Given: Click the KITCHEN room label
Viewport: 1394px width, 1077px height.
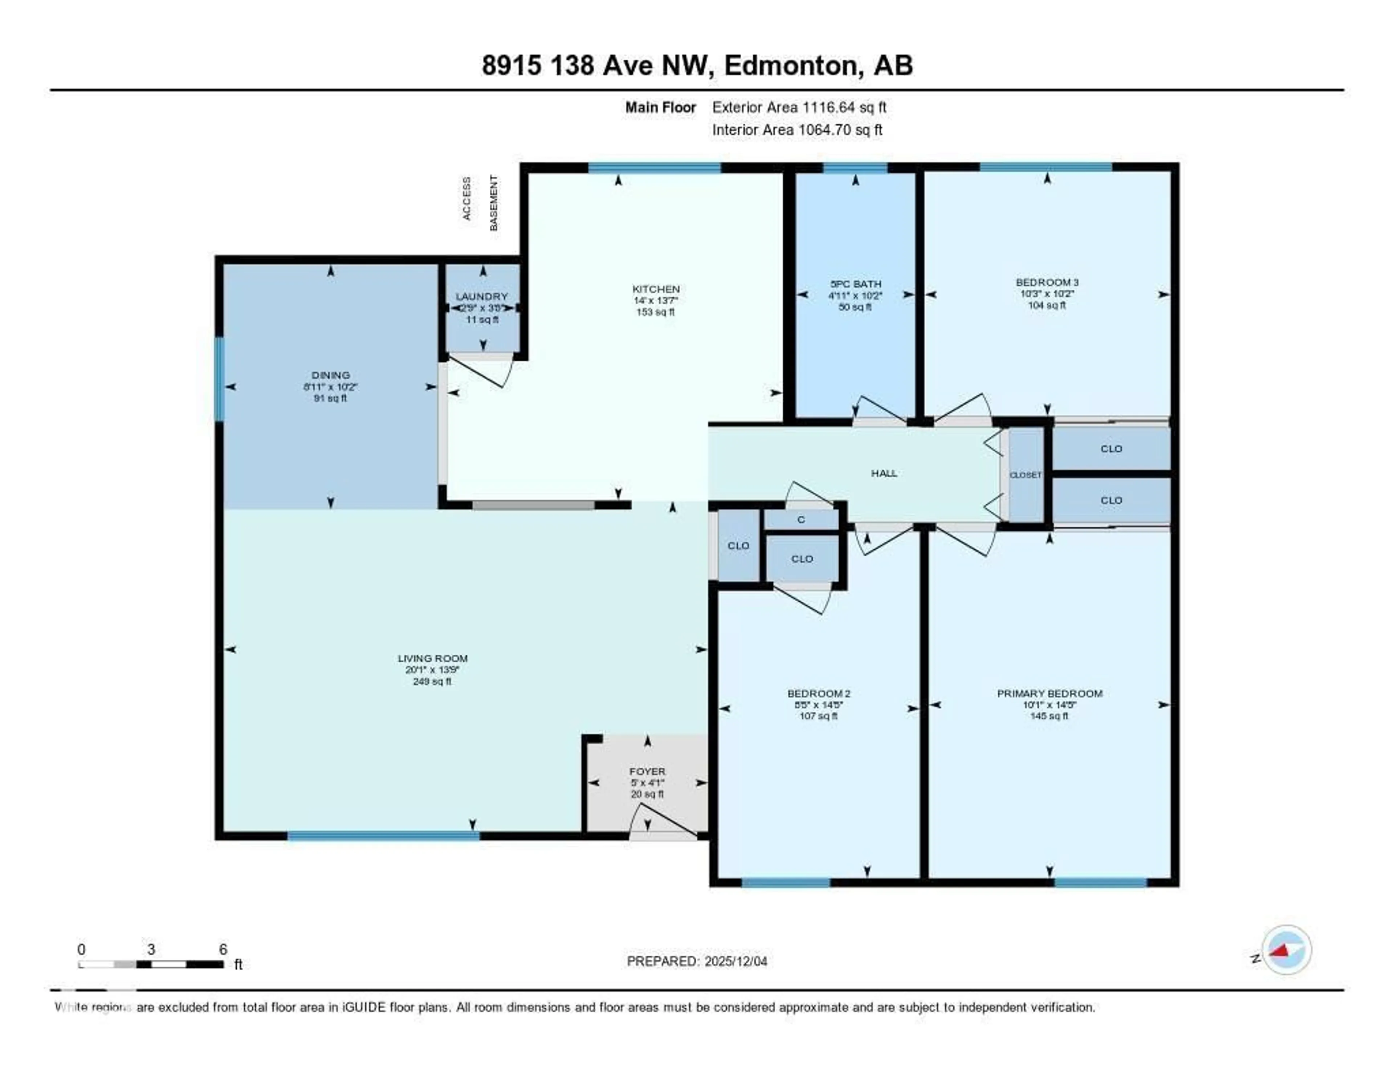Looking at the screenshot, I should tap(656, 289).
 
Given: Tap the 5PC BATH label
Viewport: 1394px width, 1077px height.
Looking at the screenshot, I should tap(855, 284).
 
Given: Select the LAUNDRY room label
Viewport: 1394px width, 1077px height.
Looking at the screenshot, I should tap(482, 296).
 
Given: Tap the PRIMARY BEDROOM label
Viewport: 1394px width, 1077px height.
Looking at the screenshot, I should tap(1049, 693).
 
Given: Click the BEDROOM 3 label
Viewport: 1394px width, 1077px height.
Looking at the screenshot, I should tap(1047, 282).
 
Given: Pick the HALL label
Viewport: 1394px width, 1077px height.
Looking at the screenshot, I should tap(884, 473).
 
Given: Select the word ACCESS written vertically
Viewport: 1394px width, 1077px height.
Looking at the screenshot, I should tap(466, 199).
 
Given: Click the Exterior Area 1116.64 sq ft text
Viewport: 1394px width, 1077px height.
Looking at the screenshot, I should tap(799, 107).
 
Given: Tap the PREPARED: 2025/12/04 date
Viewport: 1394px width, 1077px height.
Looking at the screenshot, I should tap(697, 962).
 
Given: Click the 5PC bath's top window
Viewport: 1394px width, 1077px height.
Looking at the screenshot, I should tap(855, 168).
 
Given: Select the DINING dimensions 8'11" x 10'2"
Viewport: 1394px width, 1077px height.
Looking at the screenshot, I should tap(331, 387).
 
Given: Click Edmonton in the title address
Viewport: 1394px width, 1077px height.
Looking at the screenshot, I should tap(790, 66).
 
